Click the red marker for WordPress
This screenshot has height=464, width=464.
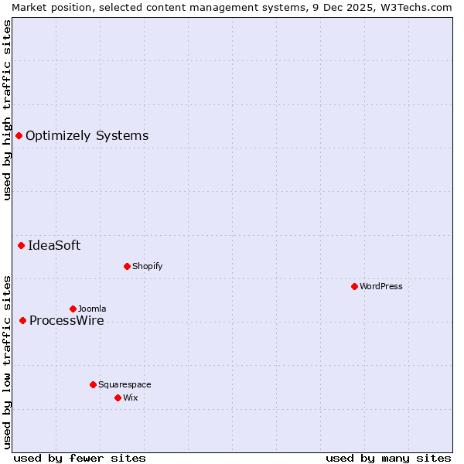[x=354, y=286]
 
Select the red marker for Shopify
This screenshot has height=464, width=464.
[x=127, y=266]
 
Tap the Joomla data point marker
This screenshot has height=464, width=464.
[x=73, y=309]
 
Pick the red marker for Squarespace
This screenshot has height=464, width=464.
[x=93, y=384]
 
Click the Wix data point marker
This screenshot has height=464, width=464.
[x=118, y=397]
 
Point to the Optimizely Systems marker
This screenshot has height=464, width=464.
[x=19, y=136]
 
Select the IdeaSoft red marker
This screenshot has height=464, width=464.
[x=21, y=246]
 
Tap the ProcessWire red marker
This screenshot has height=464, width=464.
[x=22, y=320]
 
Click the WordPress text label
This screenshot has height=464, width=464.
[x=381, y=286]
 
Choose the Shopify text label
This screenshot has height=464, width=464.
[x=147, y=266]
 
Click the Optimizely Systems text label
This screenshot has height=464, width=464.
[x=87, y=136]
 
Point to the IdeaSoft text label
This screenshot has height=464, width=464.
[x=54, y=246]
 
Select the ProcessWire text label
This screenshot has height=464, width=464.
[x=67, y=321]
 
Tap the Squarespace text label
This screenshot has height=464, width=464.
[x=125, y=384]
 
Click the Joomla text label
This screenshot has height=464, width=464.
[x=92, y=309]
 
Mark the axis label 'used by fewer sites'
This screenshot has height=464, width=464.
[x=80, y=458]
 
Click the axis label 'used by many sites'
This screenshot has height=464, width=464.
[x=388, y=458]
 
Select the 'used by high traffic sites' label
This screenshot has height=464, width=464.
[x=8, y=110]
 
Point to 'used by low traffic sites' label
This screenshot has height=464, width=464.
[x=8, y=361]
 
